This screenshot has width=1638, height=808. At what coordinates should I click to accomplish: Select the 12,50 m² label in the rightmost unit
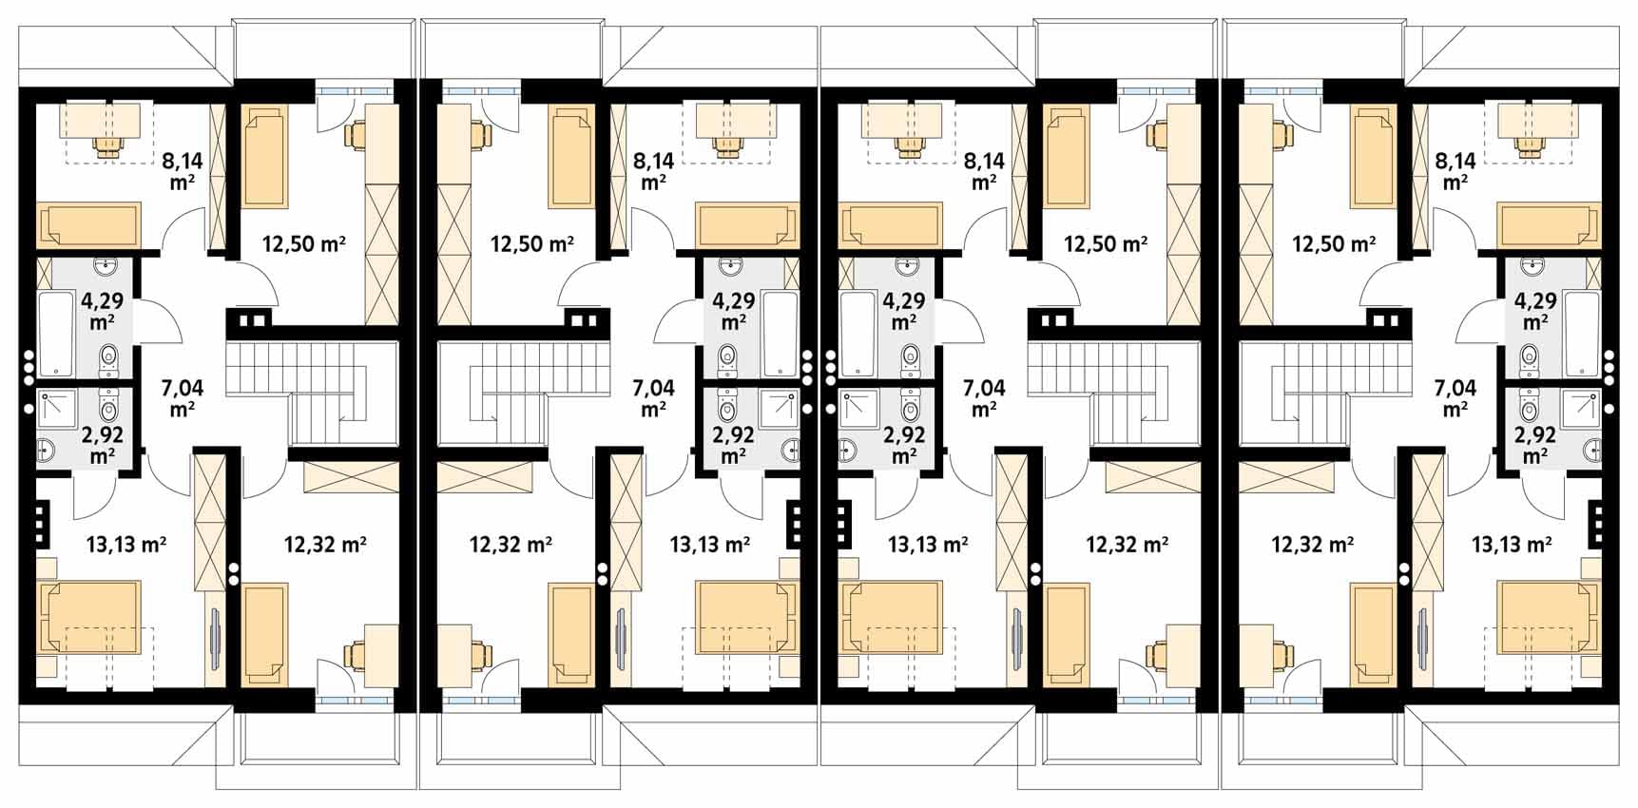1334,244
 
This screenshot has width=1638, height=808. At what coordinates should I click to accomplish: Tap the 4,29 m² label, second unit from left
733,311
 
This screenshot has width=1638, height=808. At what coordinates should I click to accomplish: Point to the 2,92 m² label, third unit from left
905,445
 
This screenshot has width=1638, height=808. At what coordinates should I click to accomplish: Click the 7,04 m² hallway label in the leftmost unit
183,397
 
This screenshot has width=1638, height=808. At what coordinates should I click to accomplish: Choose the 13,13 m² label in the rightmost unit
1512,544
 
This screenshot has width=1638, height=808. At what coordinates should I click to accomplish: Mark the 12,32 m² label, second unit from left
511,544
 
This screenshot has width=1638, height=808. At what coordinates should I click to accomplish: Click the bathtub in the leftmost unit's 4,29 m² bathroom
58,335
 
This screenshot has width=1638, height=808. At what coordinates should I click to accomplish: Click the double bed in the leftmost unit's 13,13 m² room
89,618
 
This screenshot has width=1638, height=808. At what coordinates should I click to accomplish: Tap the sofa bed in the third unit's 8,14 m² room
891,226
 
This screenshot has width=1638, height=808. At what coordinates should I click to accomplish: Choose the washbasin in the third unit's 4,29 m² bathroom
909,266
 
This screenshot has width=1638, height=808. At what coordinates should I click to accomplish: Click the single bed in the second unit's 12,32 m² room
569,635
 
